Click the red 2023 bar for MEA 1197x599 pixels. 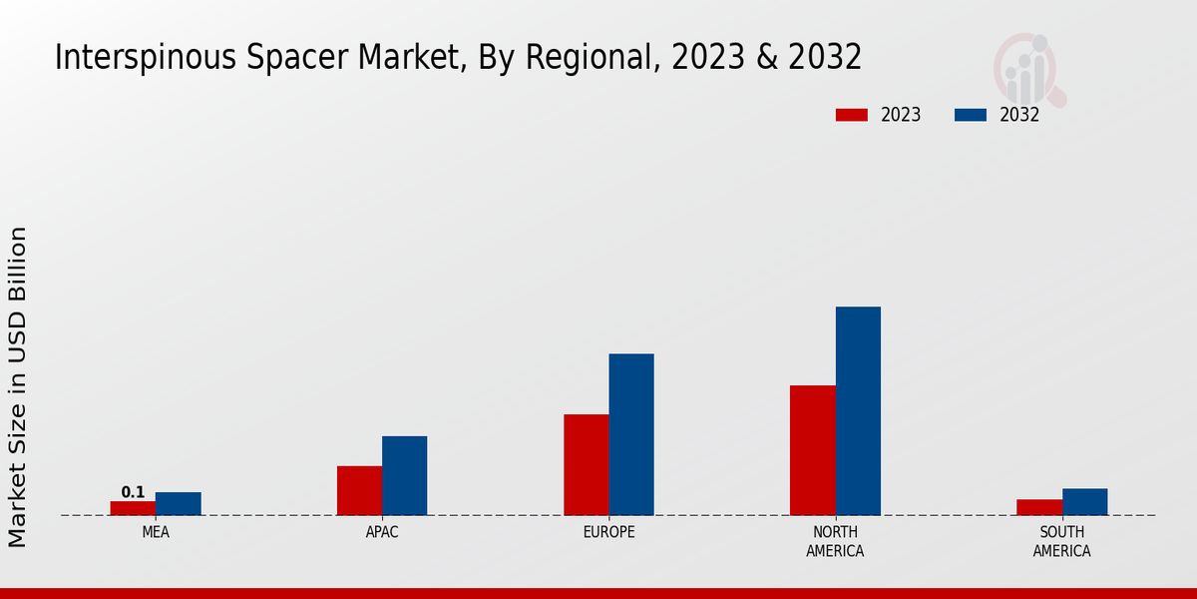tap(133, 508)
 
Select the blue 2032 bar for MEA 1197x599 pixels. tap(178, 504)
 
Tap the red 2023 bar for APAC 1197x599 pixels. tap(359, 490)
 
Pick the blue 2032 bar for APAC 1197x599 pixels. tap(404, 475)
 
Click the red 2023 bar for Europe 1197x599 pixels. tap(586, 464)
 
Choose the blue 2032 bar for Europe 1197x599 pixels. tap(631, 434)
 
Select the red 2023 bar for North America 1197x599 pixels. tap(812, 450)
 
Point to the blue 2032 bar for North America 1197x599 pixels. tap(858, 410)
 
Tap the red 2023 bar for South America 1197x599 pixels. tap(1038, 507)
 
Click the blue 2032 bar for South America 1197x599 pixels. tap(1084, 502)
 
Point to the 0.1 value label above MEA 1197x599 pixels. tap(133, 492)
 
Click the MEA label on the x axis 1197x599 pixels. tap(156, 533)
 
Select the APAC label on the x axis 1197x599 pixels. tap(382, 533)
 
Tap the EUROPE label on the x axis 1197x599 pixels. tap(608, 533)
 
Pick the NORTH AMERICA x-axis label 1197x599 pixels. tap(835, 542)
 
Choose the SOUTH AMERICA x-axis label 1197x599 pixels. tap(1061, 542)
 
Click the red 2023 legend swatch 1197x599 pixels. tap(852, 115)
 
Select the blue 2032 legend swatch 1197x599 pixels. tap(970, 115)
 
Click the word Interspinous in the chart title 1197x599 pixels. tap(135, 58)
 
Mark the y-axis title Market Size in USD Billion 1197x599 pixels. tap(18, 386)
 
